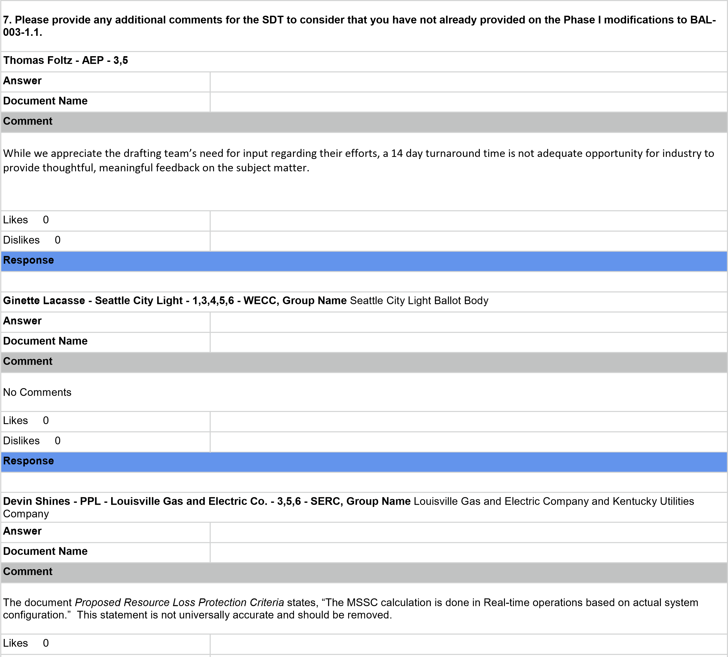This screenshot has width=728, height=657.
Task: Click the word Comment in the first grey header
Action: pos(28,121)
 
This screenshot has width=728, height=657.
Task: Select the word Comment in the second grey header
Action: pos(28,361)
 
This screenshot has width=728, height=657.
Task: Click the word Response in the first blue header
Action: pos(29,260)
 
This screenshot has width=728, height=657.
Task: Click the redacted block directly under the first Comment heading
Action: pos(364,172)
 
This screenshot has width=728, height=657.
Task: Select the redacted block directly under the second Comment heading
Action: pos(364,392)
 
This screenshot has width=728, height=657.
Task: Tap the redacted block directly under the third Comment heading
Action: pos(364,608)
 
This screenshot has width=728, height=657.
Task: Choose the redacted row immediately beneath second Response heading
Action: pos(364,482)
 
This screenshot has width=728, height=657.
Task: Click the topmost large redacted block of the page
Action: pos(364,26)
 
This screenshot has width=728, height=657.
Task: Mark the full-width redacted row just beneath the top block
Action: pos(364,62)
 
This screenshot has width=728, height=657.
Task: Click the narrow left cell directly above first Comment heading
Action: pos(105,102)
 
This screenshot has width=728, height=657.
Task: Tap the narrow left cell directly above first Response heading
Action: pos(105,241)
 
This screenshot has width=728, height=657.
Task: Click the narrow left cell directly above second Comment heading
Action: pos(105,342)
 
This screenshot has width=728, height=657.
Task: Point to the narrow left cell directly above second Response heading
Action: pos(105,442)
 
